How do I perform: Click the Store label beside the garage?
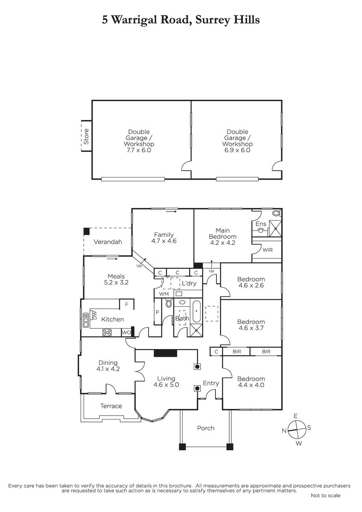click(x=86, y=137)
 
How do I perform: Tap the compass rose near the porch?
click(x=297, y=430)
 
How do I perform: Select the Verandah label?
click(x=108, y=242)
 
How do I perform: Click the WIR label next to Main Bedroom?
click(x=268, y=250)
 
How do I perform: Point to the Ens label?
click(x=261, y=224)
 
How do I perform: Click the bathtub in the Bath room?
click(x=196, y=311)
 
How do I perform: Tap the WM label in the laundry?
click(x=164, y=294)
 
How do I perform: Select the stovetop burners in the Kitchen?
click(x=107, y=332)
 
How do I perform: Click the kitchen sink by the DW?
click(x=86, y=320)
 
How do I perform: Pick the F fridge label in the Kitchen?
click(x=126, y=305)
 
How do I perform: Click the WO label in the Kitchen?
click(x=126, y=332)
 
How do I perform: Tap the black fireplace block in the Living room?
click(x=165, y=353)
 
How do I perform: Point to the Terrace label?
click(x=111, y=406)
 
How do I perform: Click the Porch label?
click(x=206, y=428)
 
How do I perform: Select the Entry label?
click(x=211, y=383)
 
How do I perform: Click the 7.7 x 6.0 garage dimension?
click(x=139, y=150)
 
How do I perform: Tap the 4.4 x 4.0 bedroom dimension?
click(x=251, y=385)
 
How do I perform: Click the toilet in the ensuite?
click(x=277, y=213)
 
